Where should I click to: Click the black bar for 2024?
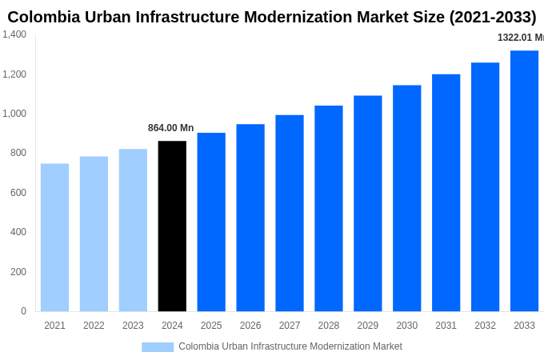[172, 226]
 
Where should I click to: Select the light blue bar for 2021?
[54, 238]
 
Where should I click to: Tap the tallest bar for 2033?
[524, 181]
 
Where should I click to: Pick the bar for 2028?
[328, 208]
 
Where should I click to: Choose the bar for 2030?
[406, 198]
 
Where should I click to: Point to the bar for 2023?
[133, 230]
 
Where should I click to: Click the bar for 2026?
[250, 218]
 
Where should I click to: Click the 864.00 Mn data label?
[170, 128]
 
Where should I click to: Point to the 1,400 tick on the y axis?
[14, 34]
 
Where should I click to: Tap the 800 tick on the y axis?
[18, 153]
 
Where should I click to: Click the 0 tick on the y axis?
[23, 311]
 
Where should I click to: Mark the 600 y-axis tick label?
[18, 193]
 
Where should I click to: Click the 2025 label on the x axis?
[211, 326]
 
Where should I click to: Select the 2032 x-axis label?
[485, 326]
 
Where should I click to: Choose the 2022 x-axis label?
[94, 326]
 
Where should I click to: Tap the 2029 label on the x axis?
[367, 326]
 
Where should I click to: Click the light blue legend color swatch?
[158, 347]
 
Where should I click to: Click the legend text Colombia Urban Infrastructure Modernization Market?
[290, 346]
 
